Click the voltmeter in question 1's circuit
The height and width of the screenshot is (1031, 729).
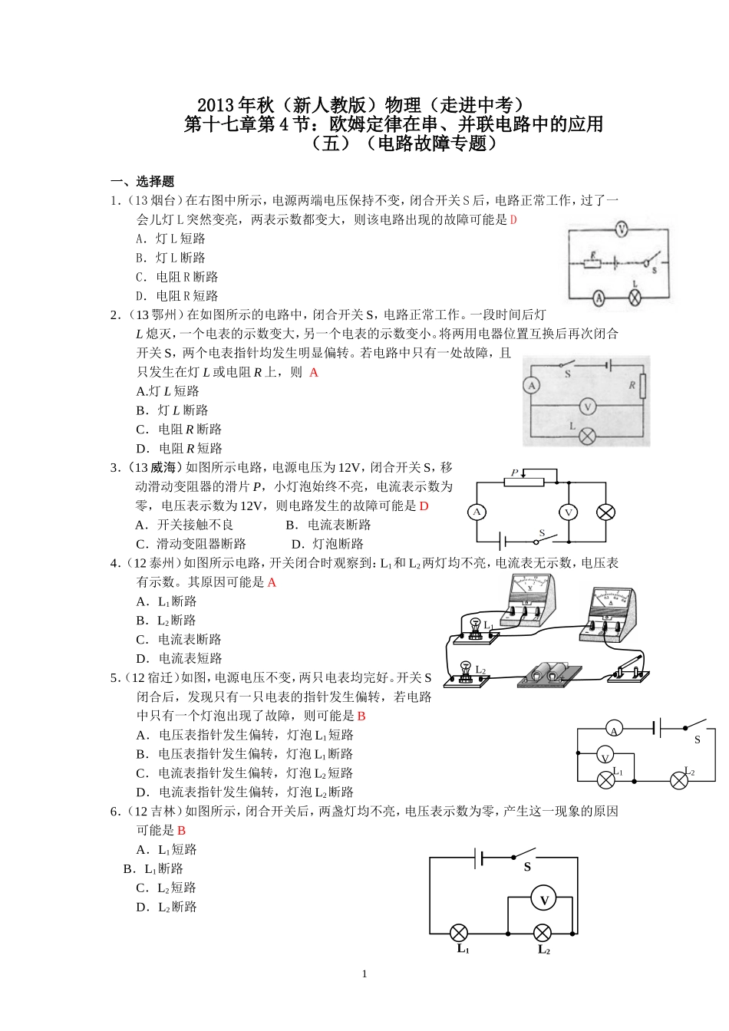[x=622, y=229]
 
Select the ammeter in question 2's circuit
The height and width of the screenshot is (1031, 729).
[x=532, y=386]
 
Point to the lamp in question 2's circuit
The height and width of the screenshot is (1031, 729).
[x=588, y=436]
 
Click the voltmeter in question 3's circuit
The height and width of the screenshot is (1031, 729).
[x=569, y=512]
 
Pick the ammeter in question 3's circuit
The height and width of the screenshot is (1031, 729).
[x=477, y=512]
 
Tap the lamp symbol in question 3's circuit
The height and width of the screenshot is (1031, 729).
[x=606, y=512]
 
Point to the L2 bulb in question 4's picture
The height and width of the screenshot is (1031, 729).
[x=464, y=669]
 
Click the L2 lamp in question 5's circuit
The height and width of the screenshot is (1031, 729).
[x=679, y=781]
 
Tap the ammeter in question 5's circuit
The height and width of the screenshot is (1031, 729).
[x=613, y=728]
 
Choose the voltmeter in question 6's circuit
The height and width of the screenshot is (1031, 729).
[x=544, y=900]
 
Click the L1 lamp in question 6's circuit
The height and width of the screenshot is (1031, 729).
[x=458, y=933]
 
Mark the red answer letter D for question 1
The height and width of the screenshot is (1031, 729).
[x=513, y=220]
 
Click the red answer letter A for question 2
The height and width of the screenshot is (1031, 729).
[x=314, y=373]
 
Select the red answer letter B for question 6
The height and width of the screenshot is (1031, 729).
[x=181, y=831]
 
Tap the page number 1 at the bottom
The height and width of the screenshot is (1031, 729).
[x=364, y=974]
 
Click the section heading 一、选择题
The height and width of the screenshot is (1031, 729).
[x=143, y=182]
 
